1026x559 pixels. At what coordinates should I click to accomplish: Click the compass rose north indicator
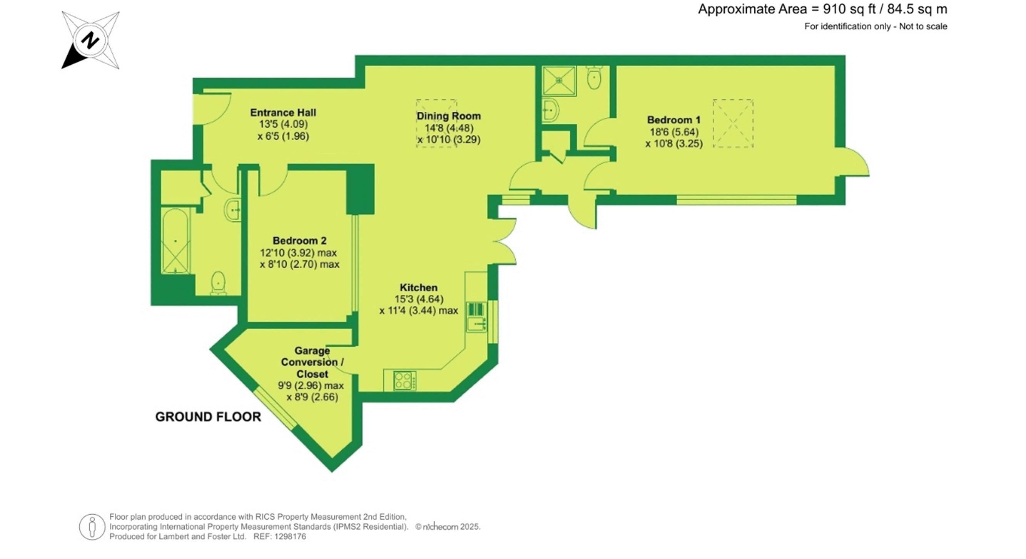pyautogui.click(x=90, y=40)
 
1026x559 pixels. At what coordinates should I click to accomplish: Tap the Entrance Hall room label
pyautogui.click(x=283, y=113)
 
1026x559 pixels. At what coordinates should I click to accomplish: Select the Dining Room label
pyautogui.click(x=449, y=116)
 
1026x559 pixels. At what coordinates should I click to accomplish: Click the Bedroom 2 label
pyautogui.click(x=299, y=241)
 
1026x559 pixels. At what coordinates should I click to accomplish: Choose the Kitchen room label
pyautogui.click(x=419, y=287)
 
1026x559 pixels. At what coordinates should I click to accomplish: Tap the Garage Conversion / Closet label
pyautogui.click(x=312, y=363)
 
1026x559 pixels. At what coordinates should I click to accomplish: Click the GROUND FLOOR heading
pyautogui.click(x=208, y=417)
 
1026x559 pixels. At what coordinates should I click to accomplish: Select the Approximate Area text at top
pyautogui.click(x=822, y=9)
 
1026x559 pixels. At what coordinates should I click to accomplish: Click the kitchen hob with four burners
pyautogui.click(x=404, y=380)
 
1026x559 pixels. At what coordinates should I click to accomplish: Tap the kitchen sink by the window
pyautogui.click(x=477, y=324)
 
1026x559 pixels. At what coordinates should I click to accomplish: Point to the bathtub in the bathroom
pyautogui.click(x=175, y=241)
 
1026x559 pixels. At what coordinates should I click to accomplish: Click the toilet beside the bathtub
pyautogui.click(x=218, y=283)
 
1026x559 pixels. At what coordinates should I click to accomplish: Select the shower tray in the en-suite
pyautogui.click(x=560, y=81)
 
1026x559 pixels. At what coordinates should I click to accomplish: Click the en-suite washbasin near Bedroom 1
pyautogui.click(x=551, y=109)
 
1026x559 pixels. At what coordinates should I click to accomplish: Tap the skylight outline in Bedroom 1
pyautogui.click(x=733, y=124)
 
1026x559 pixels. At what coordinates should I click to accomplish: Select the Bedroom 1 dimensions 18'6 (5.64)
pyautogui.click(x=674, y=132)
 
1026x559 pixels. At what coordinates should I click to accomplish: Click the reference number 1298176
pyautogui.click(x=291, y=537)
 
